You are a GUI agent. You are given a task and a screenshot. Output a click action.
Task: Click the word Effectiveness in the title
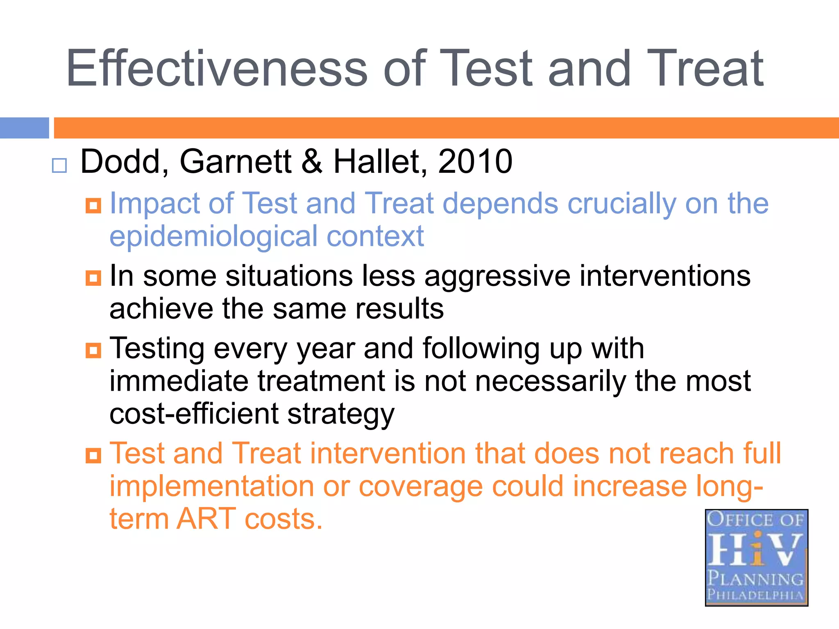click(217, 68)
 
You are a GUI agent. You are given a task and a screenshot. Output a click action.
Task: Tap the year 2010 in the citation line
click(475, 161)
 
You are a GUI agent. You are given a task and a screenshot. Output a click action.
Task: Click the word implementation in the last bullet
click(211, 487)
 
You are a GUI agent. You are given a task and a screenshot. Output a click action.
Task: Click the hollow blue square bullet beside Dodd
click(59, 165)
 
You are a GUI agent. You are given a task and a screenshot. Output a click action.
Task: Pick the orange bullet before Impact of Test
click(93, 206)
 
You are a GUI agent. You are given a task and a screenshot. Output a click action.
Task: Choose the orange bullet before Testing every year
click(93, 351)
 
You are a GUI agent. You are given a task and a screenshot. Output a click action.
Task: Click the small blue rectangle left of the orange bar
click(24, 128)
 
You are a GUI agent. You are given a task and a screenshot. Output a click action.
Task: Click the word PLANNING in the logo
click(756, 578)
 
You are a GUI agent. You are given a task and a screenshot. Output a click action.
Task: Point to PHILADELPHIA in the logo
click(756, 594)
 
